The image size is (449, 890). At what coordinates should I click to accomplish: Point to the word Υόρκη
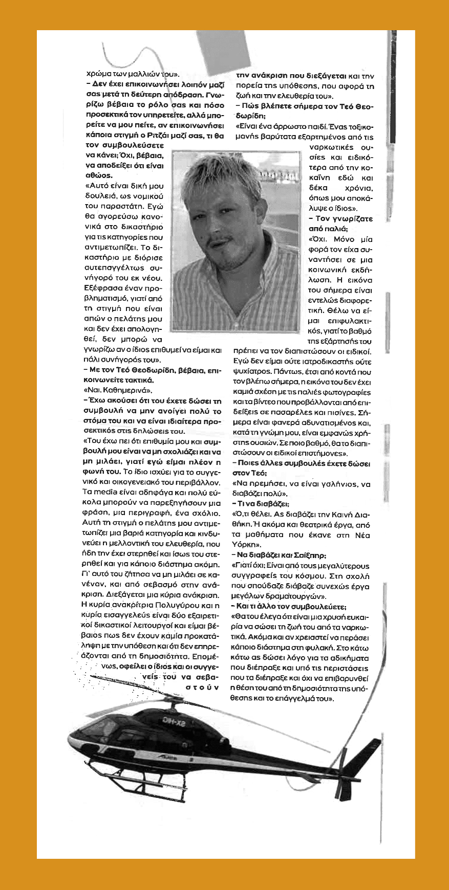(x=245, y=545)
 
